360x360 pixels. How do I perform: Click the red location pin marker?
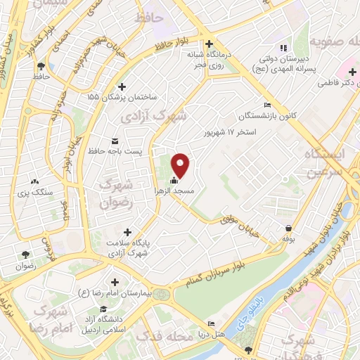pyautogui.click(x=181, y=165)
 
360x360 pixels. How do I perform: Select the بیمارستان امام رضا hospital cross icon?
pyautogui.click(x=115, y=282)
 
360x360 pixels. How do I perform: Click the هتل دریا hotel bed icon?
pyautogui.click(x=212, y=324)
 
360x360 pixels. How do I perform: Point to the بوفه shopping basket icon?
pyautogui.click(x=289, y=228)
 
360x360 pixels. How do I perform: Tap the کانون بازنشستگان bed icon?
pyautogui.click(x=266, y=105)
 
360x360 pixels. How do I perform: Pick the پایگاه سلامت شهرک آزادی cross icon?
pyautogui.click(x=127, y=231)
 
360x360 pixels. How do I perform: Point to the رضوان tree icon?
pyautogui.click(x=26, y=255)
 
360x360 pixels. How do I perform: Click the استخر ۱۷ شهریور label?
pyautogui.click(x=236, y=131)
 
